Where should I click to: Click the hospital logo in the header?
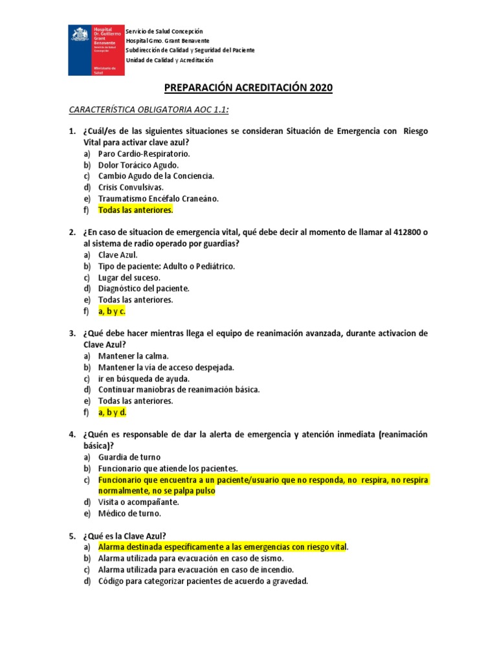tap(96, 51)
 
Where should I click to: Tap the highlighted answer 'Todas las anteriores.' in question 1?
tap(136, 210)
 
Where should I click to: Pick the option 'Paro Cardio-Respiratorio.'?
tap(144, 154)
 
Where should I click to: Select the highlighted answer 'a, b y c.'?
tap(111, 311)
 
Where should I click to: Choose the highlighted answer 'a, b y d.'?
tap(112, 412)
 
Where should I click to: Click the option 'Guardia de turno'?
tap(129, 457)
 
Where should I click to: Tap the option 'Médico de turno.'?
tap(129, 513)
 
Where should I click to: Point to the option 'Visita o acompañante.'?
tap(138, 502)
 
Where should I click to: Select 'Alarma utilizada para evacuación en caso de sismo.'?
tap(191, 558)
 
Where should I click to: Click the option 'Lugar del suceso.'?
tap(129, 277)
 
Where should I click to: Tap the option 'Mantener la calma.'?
tap(133, 356)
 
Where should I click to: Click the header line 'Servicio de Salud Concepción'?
tap(164, 31)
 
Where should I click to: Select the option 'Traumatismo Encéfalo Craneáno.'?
tap(159, 198)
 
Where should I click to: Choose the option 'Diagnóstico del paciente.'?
tap(144, 288)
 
